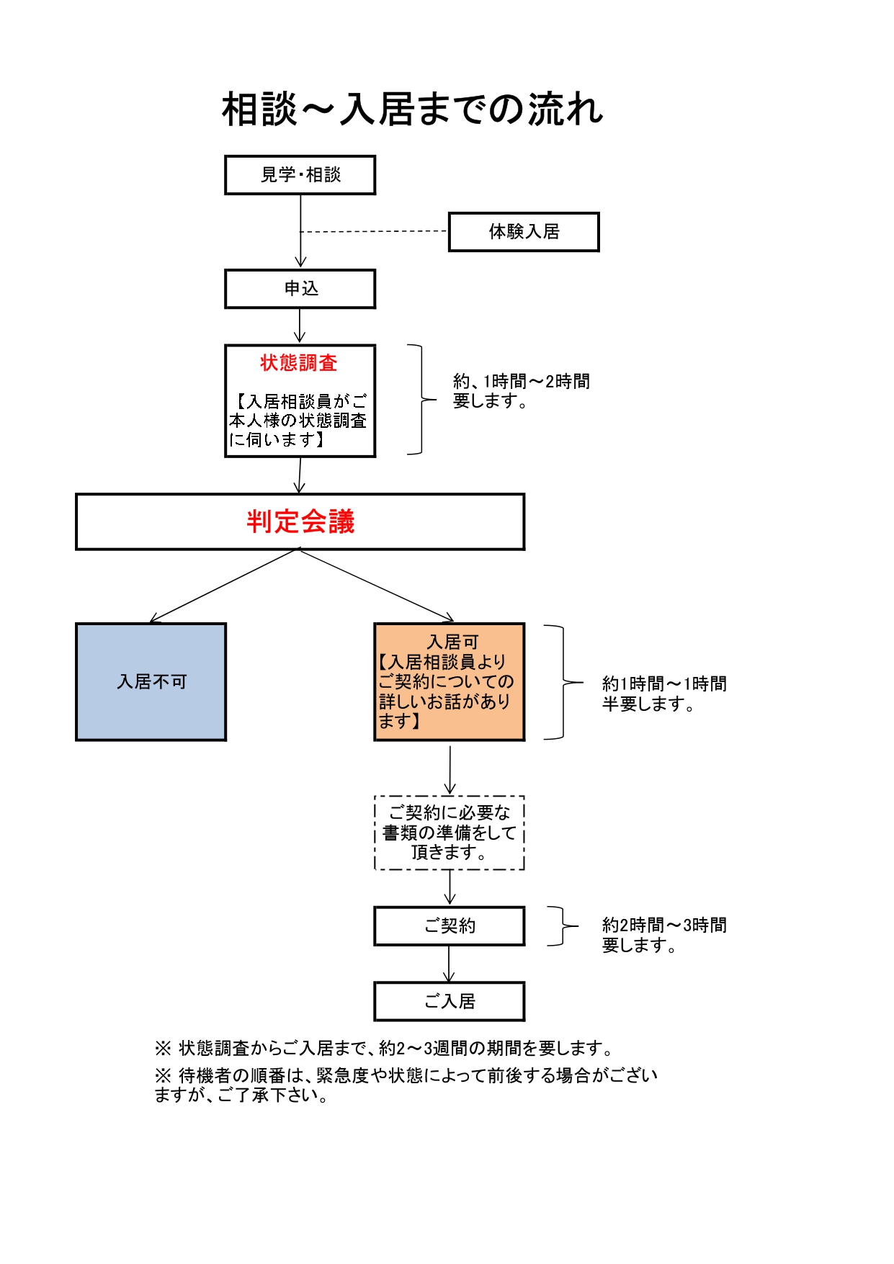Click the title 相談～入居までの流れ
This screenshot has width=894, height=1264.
point(412,109)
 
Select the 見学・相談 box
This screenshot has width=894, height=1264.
point(300,175)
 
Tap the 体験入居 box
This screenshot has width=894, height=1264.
point(524,232)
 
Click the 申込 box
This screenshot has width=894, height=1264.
point(300,289)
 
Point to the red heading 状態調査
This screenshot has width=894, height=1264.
point(299,363)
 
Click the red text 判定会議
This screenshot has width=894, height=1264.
point(300,521)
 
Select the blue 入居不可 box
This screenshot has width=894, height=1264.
point(151,681)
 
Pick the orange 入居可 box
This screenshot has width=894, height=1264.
point(449,681)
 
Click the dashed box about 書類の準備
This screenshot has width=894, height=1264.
point(449,833)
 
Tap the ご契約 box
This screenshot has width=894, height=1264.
point(449,925)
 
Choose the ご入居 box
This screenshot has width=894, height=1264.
point(449,1001)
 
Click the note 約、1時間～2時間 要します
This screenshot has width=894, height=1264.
point(521,391)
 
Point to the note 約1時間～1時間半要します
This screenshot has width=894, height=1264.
point(663,694)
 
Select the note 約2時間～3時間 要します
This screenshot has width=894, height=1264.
point(663,935)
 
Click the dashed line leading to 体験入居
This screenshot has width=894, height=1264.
point(375,232)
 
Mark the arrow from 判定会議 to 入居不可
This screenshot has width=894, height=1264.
point(223,586)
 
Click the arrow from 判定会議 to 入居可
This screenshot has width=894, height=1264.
point(376,584)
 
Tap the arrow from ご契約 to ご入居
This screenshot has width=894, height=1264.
point(449,964)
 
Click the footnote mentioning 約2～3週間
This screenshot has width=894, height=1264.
point(384,1048)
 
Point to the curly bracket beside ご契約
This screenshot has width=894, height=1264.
point(563,925)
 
